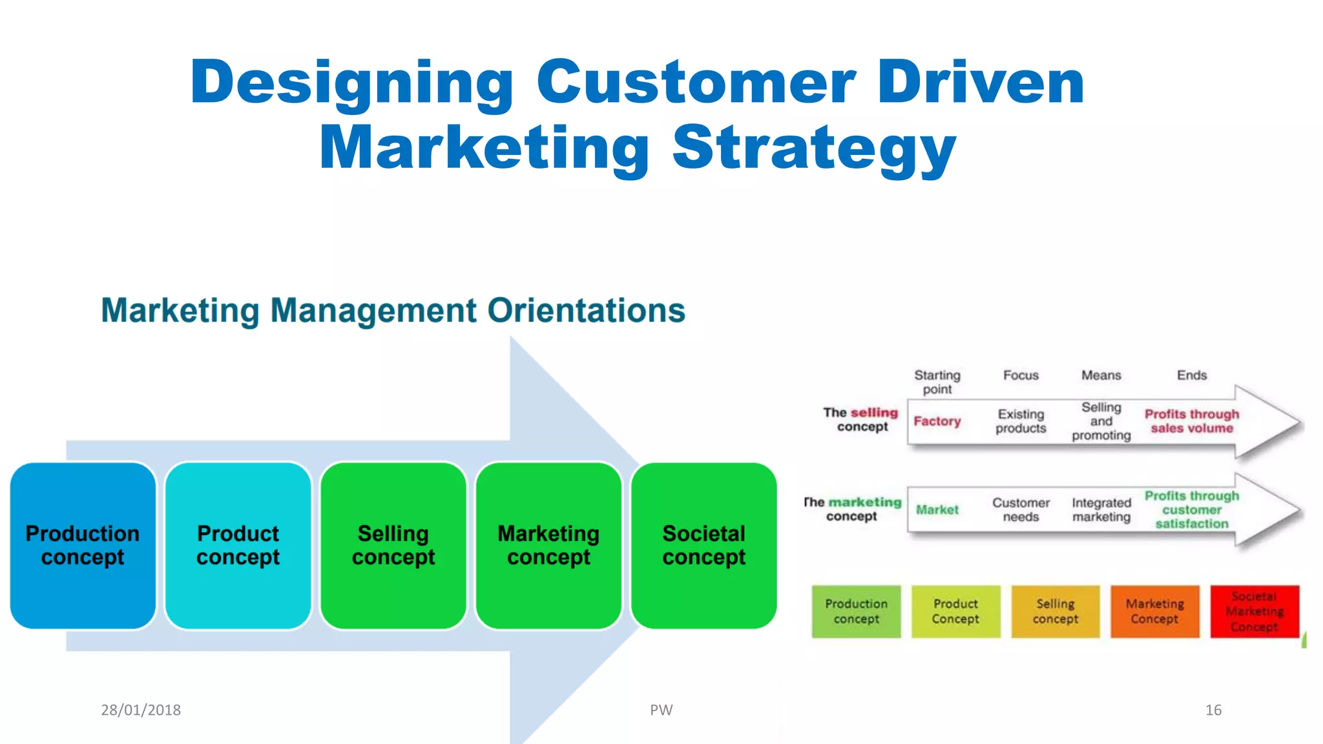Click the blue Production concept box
pyautogui.click(x=83, y=545)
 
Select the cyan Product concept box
pyautogui.click(x=238, y=545)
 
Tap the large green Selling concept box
pyautogui.click(x=393, y=545)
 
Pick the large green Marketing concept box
pyautogui.click(x=548, y=545)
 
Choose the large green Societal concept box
pyautogui.click(x=703, y=545)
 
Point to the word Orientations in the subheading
pyautogui.click(x=586, y=311)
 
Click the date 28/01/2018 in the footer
pyautogui.click(x=141, y=710)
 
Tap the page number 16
pyautogui.click(x=1213, y=710)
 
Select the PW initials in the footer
pyautogui.click(x=661, y=710)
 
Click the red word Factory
pyautogui.click(x=937, y=421)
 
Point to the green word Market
pyautogui.click(x=937, y=510)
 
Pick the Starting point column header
pyautogui.click(x=937, y=382)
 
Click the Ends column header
pyautogui.click(x=1191, y=375)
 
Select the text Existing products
pyautogui.click(x=1021, y=421)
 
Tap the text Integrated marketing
pyautogui.click(x=1101, y=510)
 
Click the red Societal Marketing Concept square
pyautogui.click(x=1254, y=611)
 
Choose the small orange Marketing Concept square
pyautogui.click(x=1154, y=611)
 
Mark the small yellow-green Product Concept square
pyautogui.click(x=955, y=611)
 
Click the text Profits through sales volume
pyautogui.click(x=1191, y=421)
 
